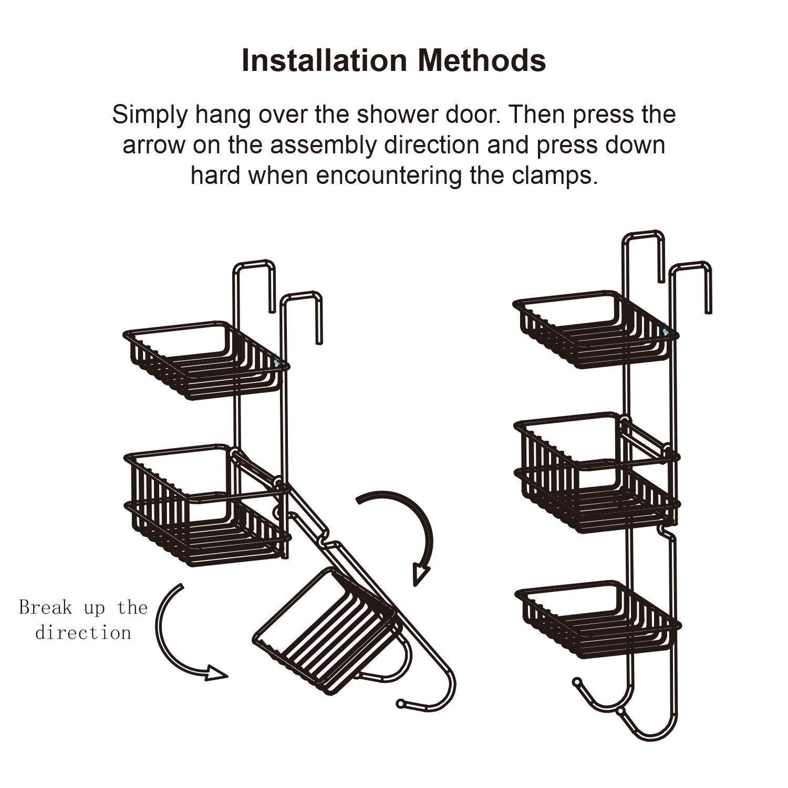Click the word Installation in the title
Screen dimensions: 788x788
point(324,60)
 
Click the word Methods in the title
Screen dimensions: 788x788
point(482,60)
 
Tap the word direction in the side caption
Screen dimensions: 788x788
point(83,633)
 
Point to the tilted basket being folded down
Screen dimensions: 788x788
point(326,630)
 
